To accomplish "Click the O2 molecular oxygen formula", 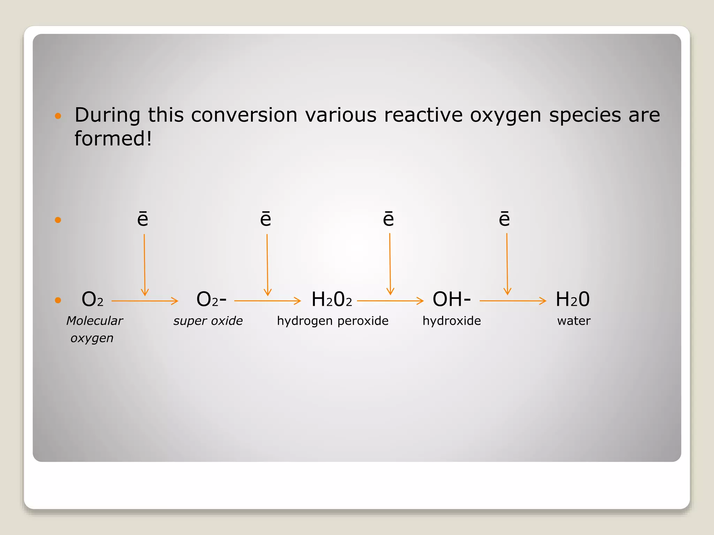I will (92, 299).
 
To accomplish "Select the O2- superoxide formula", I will (211, 299).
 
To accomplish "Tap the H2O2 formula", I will (332, 299).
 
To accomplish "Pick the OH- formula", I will (451, 299).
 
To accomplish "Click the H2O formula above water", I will (572, 299).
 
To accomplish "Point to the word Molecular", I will (94, 321).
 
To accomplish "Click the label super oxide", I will (208, 321).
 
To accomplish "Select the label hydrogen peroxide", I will (333, 321).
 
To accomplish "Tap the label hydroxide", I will (451, 321).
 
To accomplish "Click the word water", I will (574, 321).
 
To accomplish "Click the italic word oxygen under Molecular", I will (92, 338).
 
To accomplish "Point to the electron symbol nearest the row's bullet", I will (143, 219).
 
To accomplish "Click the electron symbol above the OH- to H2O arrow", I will (504, 219).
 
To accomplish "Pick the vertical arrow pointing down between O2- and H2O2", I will (267, 265).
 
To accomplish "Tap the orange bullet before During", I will (58, 116).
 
